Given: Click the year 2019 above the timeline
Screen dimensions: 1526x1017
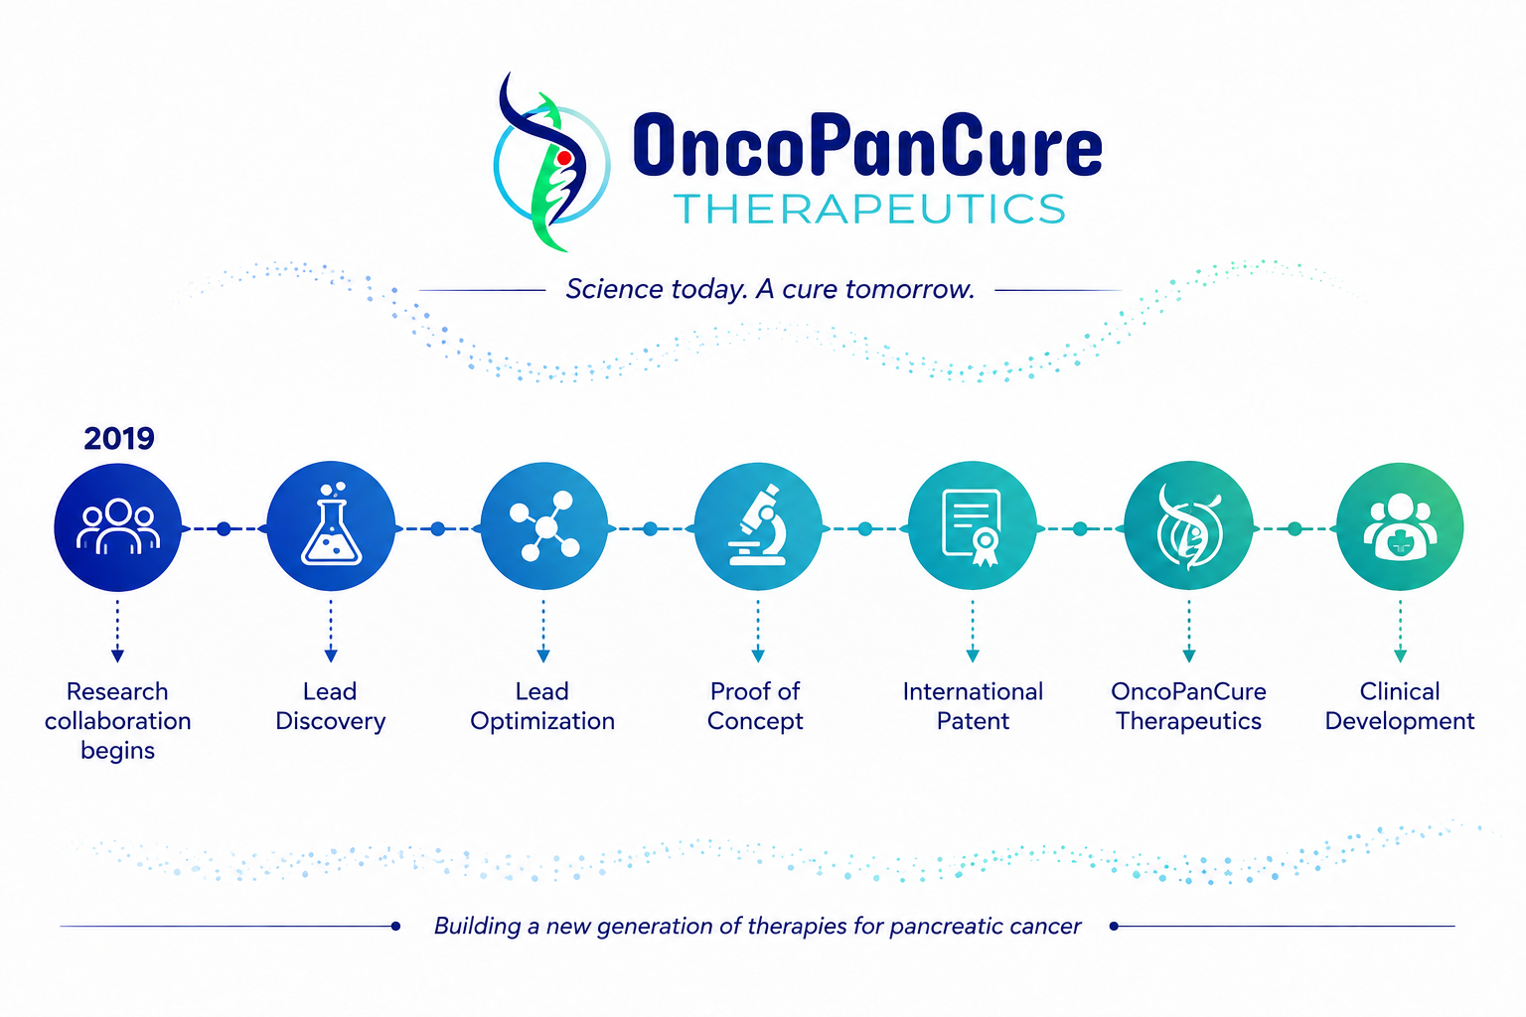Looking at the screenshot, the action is point(119,438).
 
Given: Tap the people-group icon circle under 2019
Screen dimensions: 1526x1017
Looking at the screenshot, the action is point(118,527).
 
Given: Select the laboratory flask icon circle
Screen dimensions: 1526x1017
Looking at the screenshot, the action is point(331,526).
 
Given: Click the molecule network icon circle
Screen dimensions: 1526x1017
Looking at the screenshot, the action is point(544,526).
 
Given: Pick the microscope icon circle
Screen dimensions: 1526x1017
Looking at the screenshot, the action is point(758,526).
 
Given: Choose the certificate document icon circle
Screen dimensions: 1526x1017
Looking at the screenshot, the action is point(973,526).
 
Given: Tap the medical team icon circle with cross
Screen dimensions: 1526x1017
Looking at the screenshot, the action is point(1400,526).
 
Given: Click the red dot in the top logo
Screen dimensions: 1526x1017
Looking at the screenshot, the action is point(564,158).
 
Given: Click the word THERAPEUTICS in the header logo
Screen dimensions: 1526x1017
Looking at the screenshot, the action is point(870,209).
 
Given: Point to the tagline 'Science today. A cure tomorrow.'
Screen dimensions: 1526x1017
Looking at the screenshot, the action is point(770,289).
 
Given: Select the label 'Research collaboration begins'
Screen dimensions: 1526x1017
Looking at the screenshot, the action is point(118,721).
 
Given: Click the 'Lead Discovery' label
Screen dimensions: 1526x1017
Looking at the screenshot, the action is point(331,706).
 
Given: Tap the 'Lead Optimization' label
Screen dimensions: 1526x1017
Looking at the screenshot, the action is point(542,706).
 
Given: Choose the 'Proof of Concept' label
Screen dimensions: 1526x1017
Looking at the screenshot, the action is point(755,706).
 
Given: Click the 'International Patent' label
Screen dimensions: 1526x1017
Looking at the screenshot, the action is point(973,706).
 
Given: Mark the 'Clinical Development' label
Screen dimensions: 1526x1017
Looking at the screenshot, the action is point(1400,706).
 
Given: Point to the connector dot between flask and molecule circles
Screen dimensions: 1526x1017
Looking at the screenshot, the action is point(438,528).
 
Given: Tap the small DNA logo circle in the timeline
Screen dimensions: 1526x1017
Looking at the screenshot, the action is point(1189,526).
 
